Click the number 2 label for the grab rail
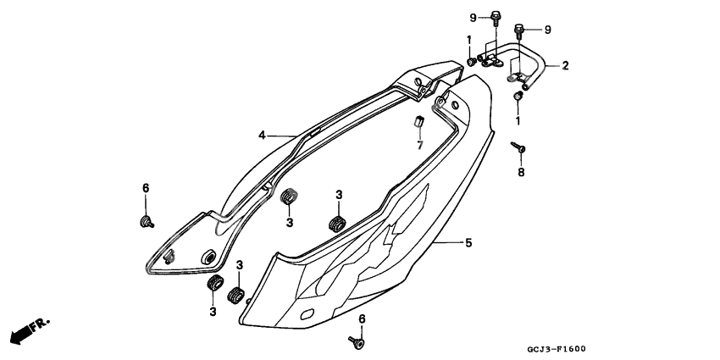point(565,66)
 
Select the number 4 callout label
point(262,136)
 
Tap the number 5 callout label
point(468,242)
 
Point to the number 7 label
point(419,145)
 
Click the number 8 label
point(521,172)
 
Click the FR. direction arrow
point(30,330)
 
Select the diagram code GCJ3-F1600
point(556,349)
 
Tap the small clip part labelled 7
point(419,121)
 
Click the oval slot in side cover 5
point(307,314)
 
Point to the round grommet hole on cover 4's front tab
point(208,257)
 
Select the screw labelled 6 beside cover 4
point(147,222)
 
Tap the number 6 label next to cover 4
point(146,188)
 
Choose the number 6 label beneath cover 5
point(362,318)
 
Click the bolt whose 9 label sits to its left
point(496,17)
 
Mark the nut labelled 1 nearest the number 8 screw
point(518,97)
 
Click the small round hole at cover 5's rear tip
point(455,105)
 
